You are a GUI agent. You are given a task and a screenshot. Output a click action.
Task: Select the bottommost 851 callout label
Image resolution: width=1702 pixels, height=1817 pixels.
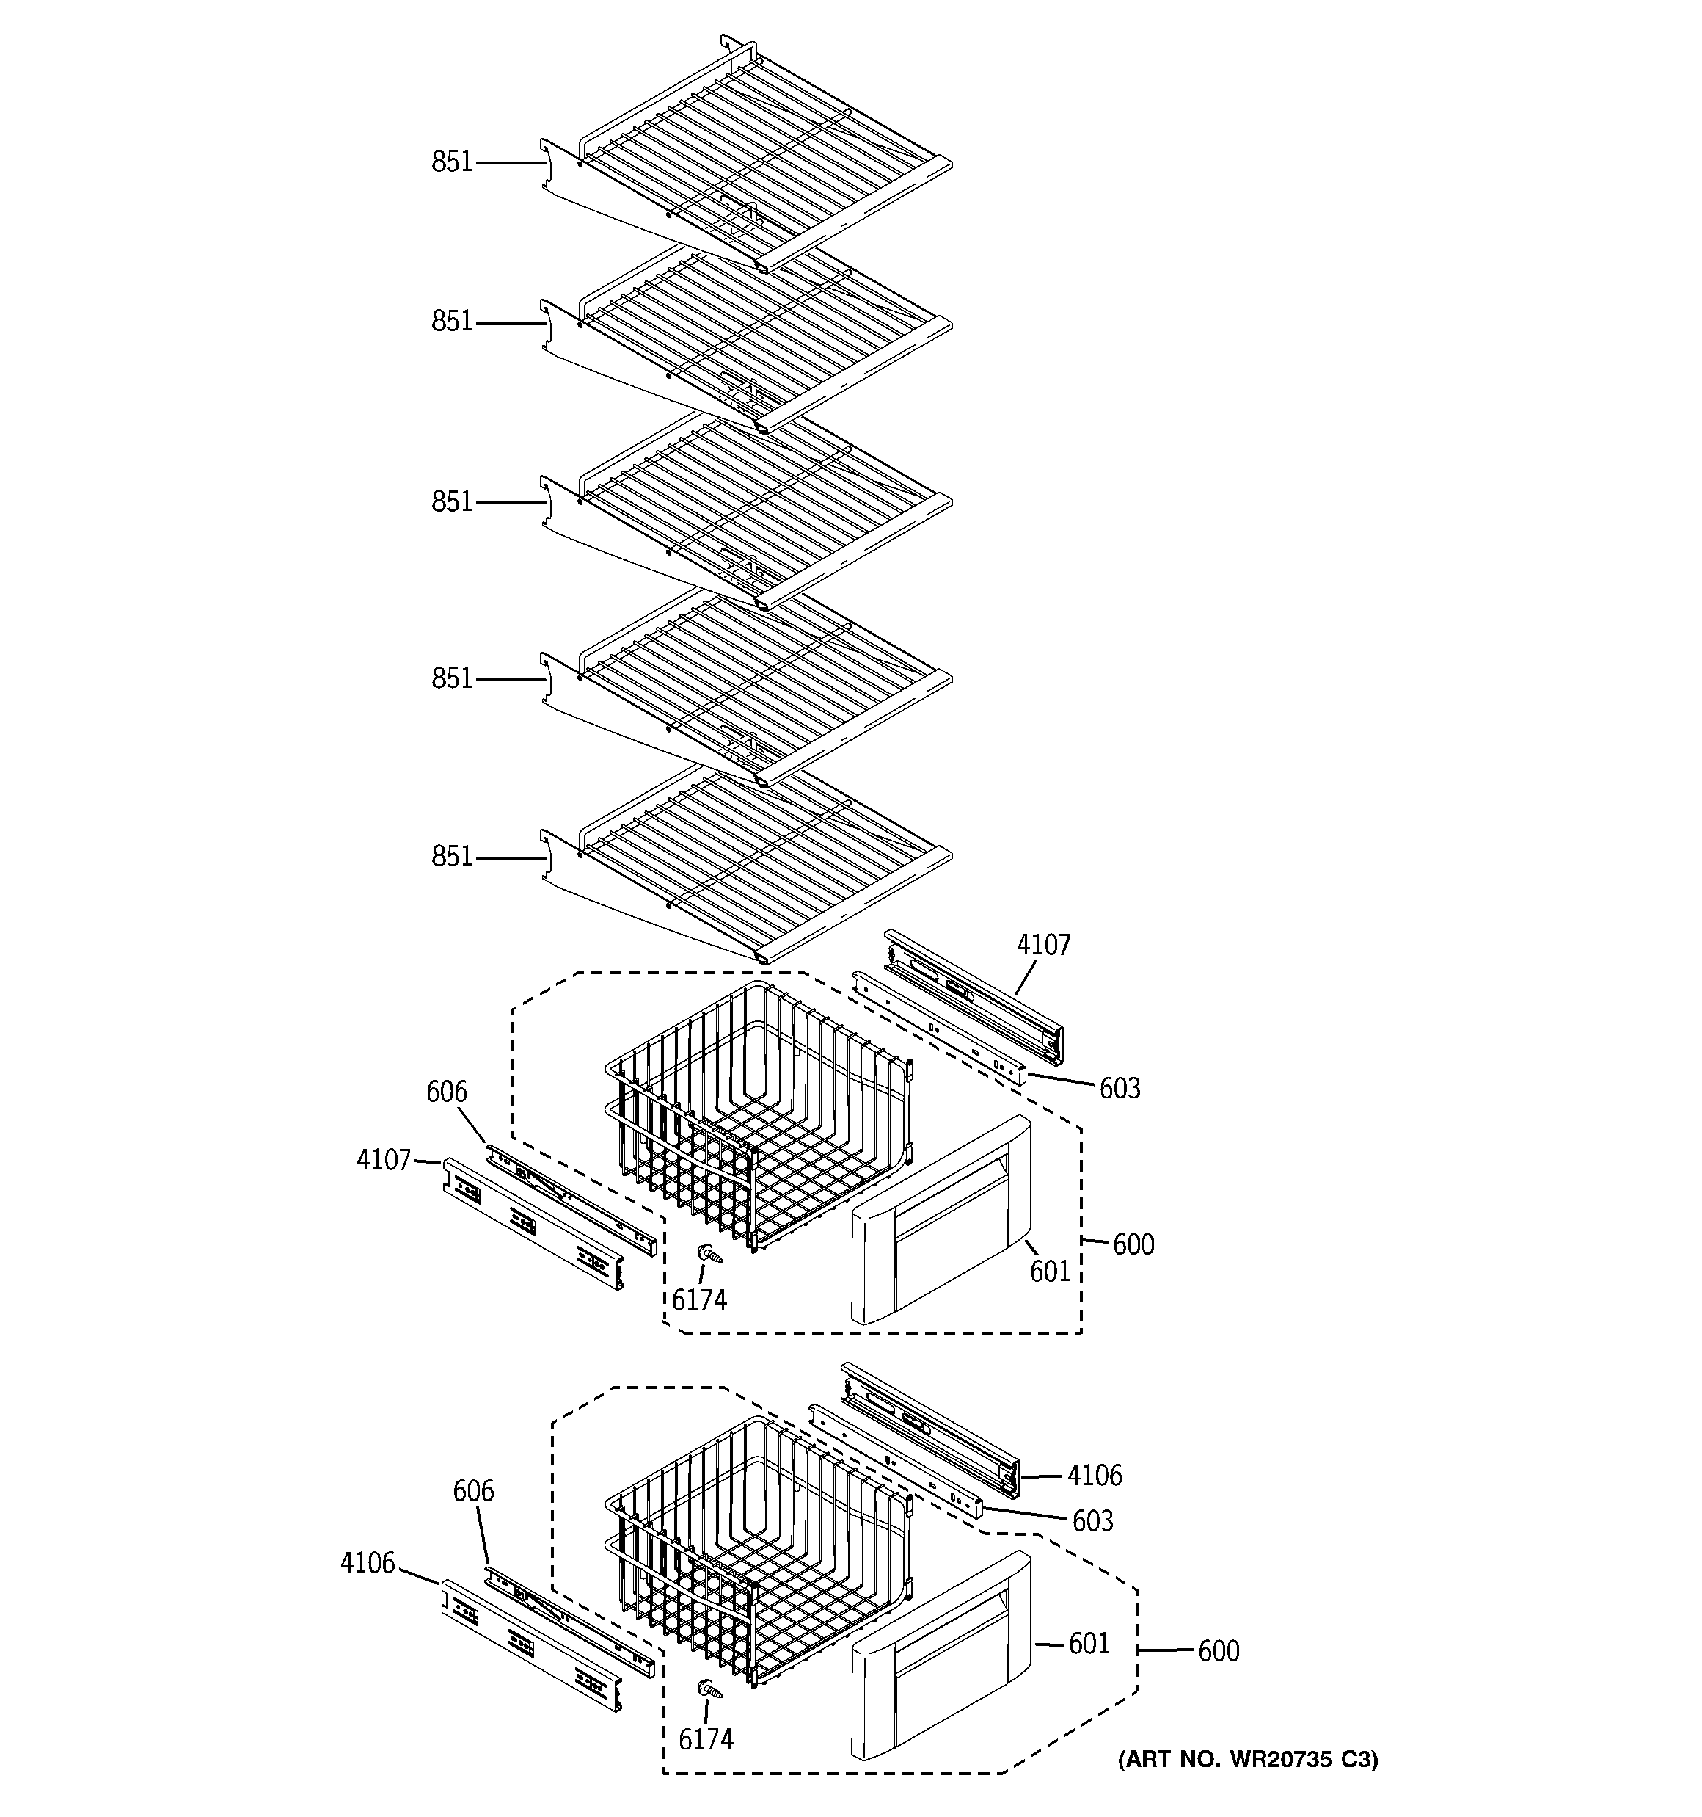[451, 857]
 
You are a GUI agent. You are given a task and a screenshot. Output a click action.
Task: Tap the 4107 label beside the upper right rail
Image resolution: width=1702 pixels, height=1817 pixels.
[1043, 945]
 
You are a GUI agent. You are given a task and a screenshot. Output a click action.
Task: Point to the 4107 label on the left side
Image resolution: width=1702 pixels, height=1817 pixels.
[384, 1160]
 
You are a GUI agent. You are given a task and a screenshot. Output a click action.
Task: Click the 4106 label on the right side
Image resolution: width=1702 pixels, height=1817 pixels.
[1095, 1474]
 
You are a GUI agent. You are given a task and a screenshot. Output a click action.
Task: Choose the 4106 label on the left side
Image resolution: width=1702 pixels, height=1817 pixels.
[368, 1563]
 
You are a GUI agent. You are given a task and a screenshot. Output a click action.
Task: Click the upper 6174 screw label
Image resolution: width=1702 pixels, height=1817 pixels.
[699, 1299]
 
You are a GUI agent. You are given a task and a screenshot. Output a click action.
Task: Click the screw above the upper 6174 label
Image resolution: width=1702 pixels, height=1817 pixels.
[708, 1254]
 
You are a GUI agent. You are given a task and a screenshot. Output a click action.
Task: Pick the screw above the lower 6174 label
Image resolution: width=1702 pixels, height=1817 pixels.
[708, 1690]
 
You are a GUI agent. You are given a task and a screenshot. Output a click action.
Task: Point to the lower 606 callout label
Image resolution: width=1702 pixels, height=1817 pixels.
[473, 1491]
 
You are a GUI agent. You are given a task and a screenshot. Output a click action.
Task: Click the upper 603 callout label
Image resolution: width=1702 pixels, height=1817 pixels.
[1119, 1088]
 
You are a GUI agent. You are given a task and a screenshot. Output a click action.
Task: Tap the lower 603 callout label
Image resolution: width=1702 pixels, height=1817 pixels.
[1092, 1521]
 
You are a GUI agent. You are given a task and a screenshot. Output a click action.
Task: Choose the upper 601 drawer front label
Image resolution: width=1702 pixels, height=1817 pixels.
[1050, 1271]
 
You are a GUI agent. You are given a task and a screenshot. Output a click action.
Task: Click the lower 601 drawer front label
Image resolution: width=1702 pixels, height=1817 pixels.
[1089, 1643]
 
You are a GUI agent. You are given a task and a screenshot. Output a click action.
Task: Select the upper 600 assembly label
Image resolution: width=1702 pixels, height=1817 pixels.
[1133, 1244]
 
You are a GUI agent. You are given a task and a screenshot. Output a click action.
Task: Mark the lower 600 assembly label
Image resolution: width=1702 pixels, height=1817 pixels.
[1218, 1650]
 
